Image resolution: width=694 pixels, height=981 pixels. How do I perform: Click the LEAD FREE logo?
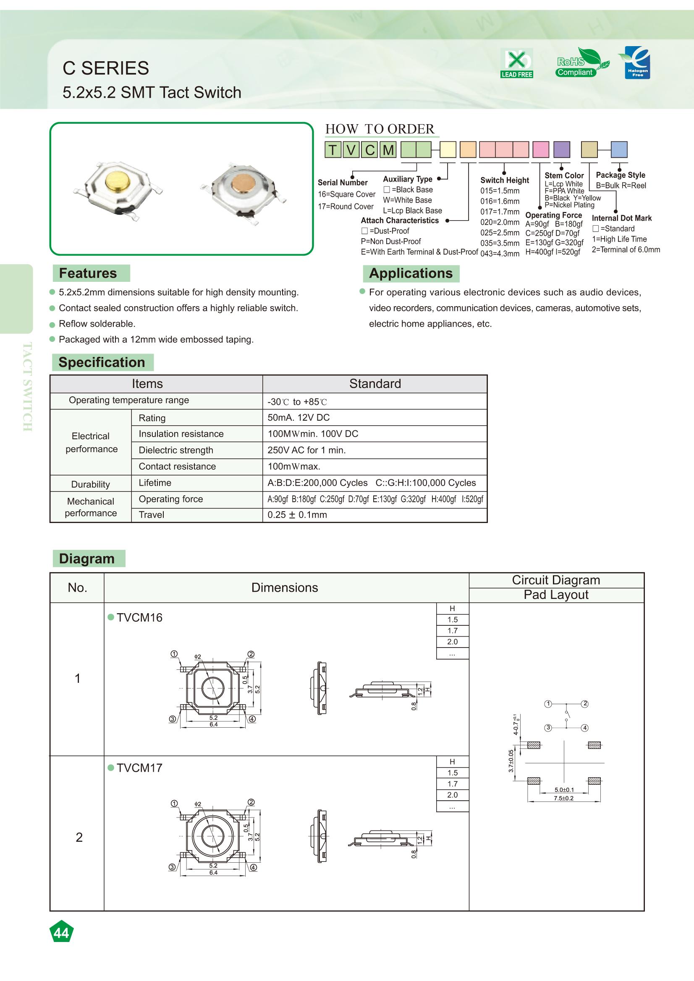click(x=516, y=64)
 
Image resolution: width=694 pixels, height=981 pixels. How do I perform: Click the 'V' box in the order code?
click(x=351, y=150)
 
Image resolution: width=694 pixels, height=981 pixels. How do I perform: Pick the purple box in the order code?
click(x=561, y=150)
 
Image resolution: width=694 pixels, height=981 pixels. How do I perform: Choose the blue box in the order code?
click(x=619, y=150)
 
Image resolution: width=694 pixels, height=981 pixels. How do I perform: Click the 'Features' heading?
click(x=88, y=273)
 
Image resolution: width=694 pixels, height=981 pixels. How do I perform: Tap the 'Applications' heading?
click(x=411, y=273)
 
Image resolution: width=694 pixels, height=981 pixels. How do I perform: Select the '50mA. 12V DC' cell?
click(x=299, y=417)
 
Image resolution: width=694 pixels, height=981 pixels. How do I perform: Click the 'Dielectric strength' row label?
click(x=176, y=450)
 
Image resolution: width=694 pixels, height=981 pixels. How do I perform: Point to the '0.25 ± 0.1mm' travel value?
click(x=297, y=515)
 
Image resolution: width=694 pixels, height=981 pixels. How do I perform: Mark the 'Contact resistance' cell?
click(x=177, y=466)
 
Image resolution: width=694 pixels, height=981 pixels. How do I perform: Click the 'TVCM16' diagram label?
click(x=139, y=617)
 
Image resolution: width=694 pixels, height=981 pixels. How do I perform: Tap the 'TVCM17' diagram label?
click(x=139, y=768)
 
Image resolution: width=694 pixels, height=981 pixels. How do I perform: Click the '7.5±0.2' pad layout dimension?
click(x=563, y=798)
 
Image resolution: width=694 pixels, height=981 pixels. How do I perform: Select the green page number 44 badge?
click(x=62, y=933)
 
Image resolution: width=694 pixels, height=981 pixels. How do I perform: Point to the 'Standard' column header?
click(x=375, y=384)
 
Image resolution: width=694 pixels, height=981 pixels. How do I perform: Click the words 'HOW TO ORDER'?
click(x=380, y=129)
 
